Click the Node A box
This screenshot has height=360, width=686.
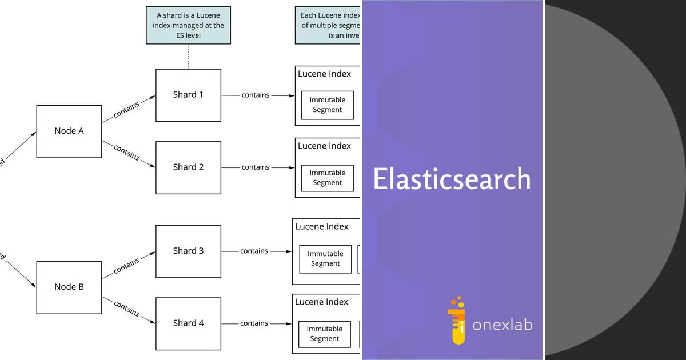pos(69,131)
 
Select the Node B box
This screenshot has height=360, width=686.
pos(69,287)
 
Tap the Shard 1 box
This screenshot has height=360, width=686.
pos(188,95)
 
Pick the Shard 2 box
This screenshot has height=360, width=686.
pos(188,167)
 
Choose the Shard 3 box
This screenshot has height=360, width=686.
pos(188,251)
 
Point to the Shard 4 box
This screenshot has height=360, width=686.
pos(188,323)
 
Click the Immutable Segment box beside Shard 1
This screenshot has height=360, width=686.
pos(328,105)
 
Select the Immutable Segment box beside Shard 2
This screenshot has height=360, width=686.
pos(328,178)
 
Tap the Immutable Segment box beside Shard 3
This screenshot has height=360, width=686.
pos(325,259)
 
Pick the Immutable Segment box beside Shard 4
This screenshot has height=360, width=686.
pos(325,334)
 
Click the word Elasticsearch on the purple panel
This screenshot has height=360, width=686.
pos(452,179)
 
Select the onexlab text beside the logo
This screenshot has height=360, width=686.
pos(502,325)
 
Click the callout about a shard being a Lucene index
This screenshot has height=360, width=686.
pos(188,25)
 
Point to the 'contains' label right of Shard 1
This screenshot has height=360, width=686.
pos(255,95)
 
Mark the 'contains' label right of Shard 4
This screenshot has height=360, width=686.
pos(254,323)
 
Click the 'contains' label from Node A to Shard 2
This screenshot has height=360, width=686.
pos(126,152)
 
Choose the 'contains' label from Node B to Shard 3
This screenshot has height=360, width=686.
pos(126,266)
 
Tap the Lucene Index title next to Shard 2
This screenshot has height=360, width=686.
pos(324,146)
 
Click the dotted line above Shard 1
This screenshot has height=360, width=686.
pos(188,57)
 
